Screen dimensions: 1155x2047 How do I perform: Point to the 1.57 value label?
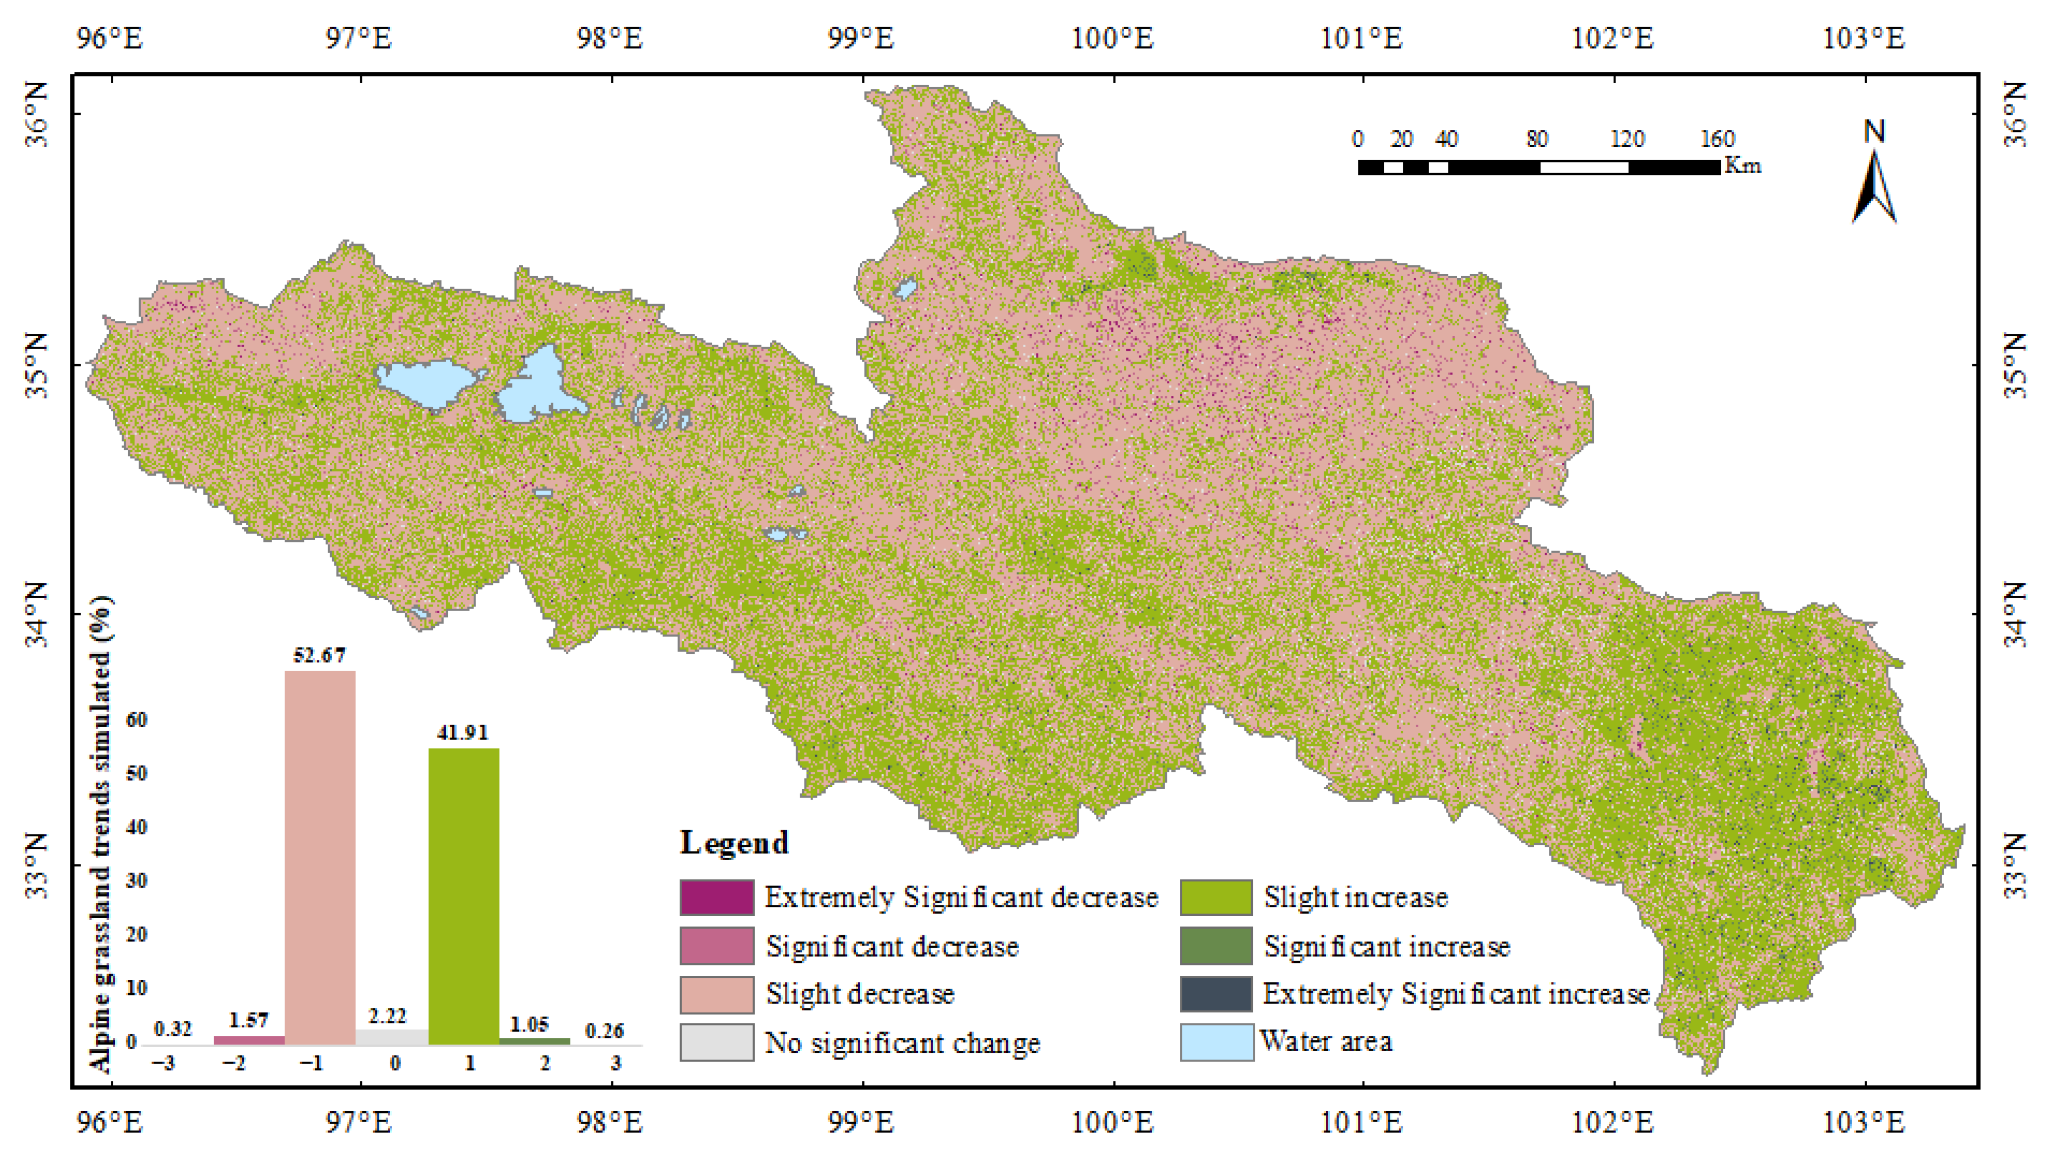pyautogui.click(x=249, y=1019)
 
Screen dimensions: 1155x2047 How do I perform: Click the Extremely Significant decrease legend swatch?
pyautogui.click(x=716, y=897)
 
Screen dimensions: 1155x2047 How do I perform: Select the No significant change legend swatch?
pyautogui.click(x=716, y=1042)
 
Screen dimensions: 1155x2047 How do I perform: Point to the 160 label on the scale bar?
pyautogui.click(x=1716, y=139)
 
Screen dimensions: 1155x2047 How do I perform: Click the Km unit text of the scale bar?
pyautogui.click(x=1742, y=166)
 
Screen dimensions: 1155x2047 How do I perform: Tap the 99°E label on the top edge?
pyautogui.click(x=861, y=38)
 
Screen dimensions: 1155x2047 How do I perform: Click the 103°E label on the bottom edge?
pyautogui.click(x=1864, y=1123)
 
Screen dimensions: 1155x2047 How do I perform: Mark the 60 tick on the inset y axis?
pyautogui.click(x=137, y=719)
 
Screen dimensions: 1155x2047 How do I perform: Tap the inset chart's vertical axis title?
pyautogui.click(x=100, y=835)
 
